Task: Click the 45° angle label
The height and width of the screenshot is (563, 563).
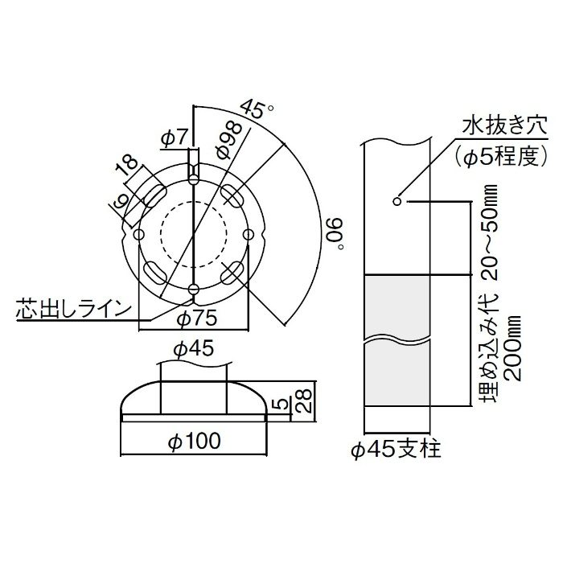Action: [257, 109]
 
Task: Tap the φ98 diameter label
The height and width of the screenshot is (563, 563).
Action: [230, 140]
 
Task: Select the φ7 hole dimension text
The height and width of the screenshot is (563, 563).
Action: [175, 138]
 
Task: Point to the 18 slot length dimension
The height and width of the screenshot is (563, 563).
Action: [126, 163]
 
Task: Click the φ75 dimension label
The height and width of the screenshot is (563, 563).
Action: [198, 318]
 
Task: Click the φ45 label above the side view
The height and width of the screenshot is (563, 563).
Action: [193, 349]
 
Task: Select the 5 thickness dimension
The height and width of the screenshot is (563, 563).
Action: [282, 405]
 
